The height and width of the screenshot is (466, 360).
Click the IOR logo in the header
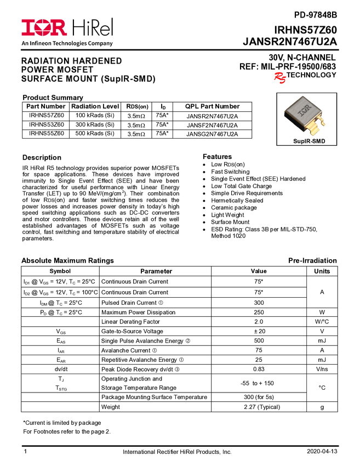click(x=44, y=27)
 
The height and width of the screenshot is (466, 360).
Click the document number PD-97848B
click(x=316, y=15)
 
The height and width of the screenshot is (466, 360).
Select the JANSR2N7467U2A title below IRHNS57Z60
click(x=290, y=41)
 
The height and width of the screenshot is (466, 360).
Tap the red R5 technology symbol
click(x=280, y=77)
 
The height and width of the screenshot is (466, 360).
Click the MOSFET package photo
click(x=306, y=116)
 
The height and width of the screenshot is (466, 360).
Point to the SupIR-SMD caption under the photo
click(x=309, y=141)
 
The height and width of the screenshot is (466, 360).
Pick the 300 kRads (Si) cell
click(x=95, y=124)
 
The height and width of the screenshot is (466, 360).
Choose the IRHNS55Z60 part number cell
click(x=47, y=133)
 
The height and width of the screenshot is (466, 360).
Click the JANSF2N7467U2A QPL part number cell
click(x=212, y=125)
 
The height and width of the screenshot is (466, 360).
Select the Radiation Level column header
click(x=95, y=106)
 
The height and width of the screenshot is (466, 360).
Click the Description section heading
click(x=42, y=157)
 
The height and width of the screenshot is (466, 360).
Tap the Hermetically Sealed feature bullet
click(x=237, y=200)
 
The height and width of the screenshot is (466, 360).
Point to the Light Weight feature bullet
click(x=227, y=215)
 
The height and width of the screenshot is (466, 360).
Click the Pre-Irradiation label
click(x=312, y=260)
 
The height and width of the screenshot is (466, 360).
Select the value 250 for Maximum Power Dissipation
click(x=259, y=312)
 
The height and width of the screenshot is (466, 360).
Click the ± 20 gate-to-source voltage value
click(x=259, y=331)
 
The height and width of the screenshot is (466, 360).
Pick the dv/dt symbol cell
click(x=60, y=369)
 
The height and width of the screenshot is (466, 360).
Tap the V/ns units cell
click(x=322, y=369)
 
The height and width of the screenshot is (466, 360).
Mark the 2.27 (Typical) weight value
click(x=262, y=407)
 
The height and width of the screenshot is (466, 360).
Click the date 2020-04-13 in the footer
click(x=322, y=451)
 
